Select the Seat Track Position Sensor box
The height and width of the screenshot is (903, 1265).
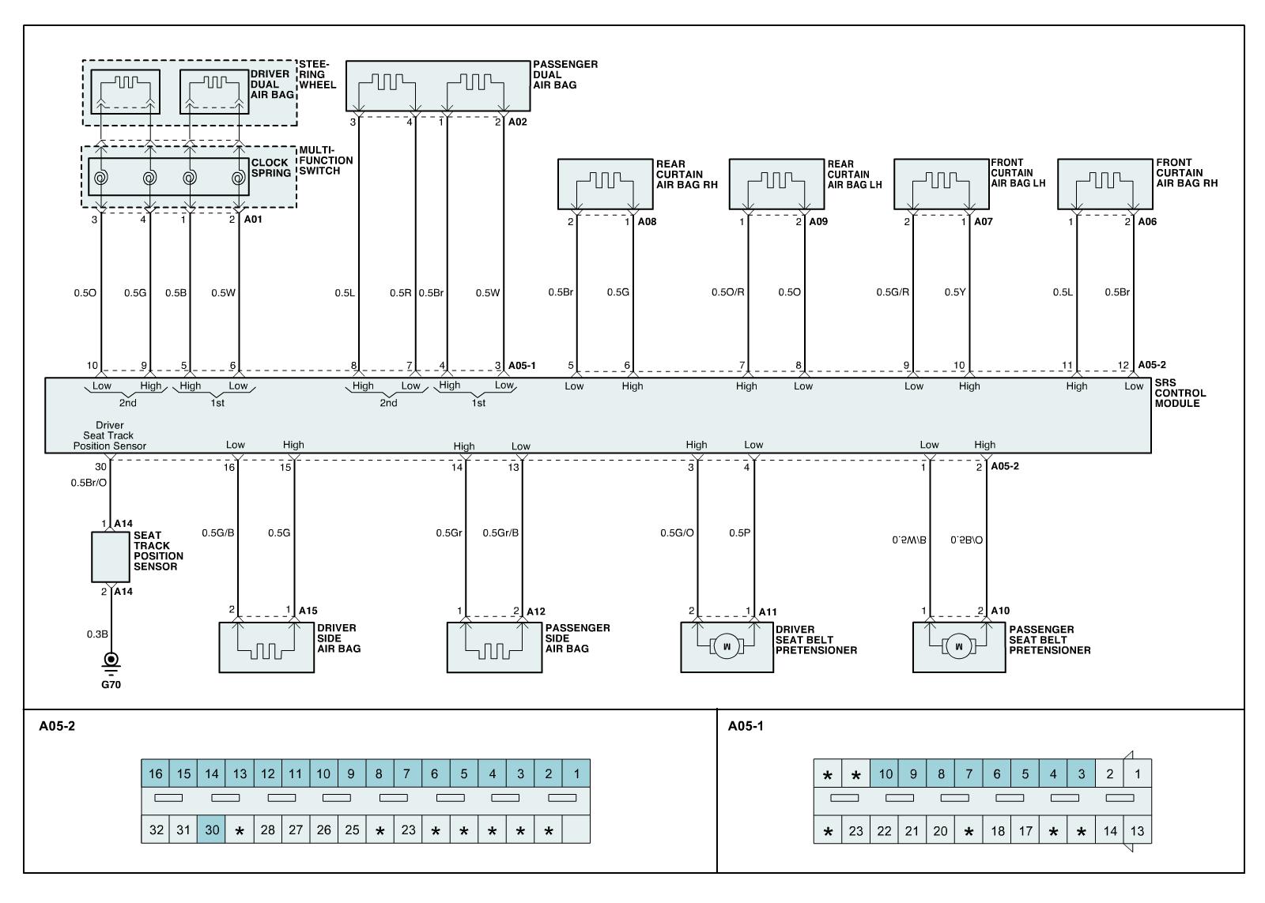(x=110, y=557)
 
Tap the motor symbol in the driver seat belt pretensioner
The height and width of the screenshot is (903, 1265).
(x=727, y=647)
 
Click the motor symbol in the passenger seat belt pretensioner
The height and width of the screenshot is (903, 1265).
(x=959, y=647)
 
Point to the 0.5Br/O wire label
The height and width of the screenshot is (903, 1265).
(x=89, y=483)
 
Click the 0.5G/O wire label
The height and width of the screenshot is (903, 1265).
(x=677, y=533)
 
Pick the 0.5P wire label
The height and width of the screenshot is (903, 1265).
(x=739, y=533)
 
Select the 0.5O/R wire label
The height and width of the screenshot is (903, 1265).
(x=727, y=292)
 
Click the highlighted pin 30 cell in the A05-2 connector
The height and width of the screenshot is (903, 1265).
(x=212, y=830)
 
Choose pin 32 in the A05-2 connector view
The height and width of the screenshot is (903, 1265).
(x=156, y=830)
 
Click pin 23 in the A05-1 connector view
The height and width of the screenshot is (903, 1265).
(x=855, y=831)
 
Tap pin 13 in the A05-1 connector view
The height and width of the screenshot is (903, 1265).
(x=1137, y=831)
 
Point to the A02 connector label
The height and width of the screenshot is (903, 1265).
(x=517, y=122)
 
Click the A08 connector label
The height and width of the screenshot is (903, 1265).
(x=647, y=222)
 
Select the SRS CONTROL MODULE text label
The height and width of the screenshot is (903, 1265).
(x=1180, y=393)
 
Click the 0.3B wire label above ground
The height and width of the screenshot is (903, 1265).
(x=97, y=634)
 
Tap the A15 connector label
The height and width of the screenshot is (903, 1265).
(x=308, y=611)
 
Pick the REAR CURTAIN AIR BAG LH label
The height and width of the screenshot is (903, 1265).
(x=855, y=175)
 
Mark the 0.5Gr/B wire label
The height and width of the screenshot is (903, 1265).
(x=500, y=533)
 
